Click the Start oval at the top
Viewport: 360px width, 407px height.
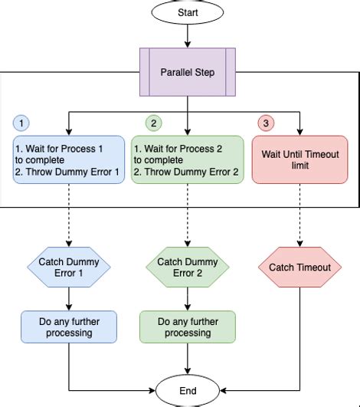click(187, 12)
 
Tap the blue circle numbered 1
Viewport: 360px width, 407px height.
click(21, 123)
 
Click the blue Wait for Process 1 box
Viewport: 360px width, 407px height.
click(68, 159)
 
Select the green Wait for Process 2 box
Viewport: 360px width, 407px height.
click(187, 159)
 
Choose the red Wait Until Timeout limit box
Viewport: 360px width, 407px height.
click(299, 159)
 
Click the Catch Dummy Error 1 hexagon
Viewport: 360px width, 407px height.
click(68, 267)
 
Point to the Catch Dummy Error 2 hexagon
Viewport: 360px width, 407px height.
click(187, 267)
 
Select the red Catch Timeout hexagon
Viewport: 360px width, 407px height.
click(299, 268)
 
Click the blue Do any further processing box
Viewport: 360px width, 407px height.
click(68, 327)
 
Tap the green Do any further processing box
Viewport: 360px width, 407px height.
click(187, 327)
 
